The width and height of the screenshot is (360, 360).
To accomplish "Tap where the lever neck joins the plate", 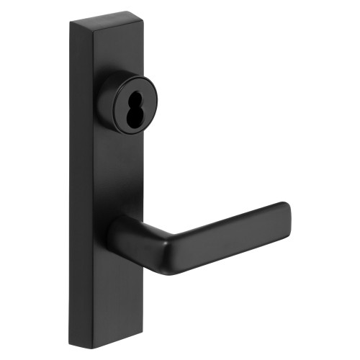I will click(x=115, y=232).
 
